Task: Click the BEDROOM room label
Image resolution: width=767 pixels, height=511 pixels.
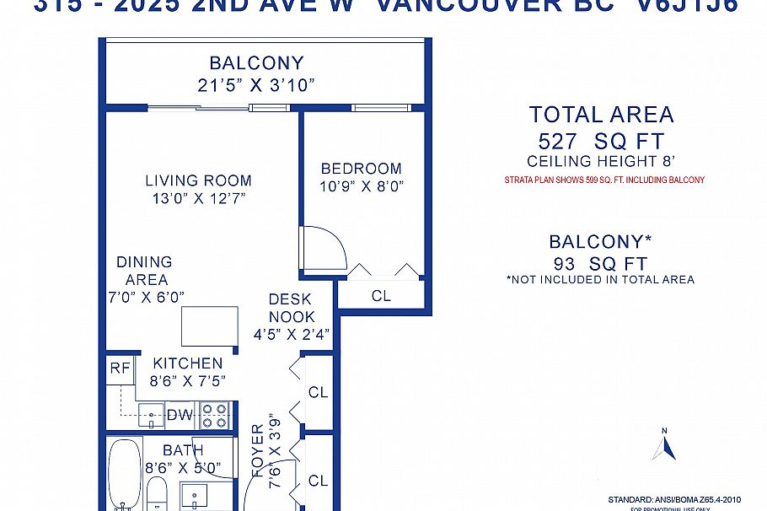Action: pyautogui.click(x=361, y=168)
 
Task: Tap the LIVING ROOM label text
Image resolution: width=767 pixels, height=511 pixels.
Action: pyautogui.click(x=198, y=180)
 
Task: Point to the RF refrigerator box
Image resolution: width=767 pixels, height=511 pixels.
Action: pyautogui.click(x=119, y=368)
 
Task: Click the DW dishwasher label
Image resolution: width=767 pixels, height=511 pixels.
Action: pyautogui.click(x=180, y=414)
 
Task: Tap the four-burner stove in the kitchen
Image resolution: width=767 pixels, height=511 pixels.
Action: pyautogui.click(x=214, y=415)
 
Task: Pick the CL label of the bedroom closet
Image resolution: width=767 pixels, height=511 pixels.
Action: pyautogui.click(x=381, y=296)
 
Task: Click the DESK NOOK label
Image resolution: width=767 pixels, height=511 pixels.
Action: pyautogui.click(x=291, y=308)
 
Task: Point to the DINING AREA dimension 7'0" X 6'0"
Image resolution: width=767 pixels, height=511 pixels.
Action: pyautogui.click(x=145, y=296)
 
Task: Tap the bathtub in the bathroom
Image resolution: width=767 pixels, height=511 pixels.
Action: pyautogui.click(x=123, y=474)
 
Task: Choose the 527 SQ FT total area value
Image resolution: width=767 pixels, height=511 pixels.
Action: pyautogui.click(x=601, y=141)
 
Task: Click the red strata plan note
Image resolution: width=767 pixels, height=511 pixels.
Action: pyautogui.click(x=604, y=180)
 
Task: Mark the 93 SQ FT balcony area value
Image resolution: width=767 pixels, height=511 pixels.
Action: pyautogui.click(x=601, y=263)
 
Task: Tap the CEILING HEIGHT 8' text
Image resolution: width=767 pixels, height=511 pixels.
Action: pyautogui.click(x=601, y=161)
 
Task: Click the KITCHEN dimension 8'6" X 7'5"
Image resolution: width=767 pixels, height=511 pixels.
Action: pyautogui.click(x=188, y=380)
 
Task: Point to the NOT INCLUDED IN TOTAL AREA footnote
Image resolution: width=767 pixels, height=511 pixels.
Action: pyautogui.click(x=600, y=279)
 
